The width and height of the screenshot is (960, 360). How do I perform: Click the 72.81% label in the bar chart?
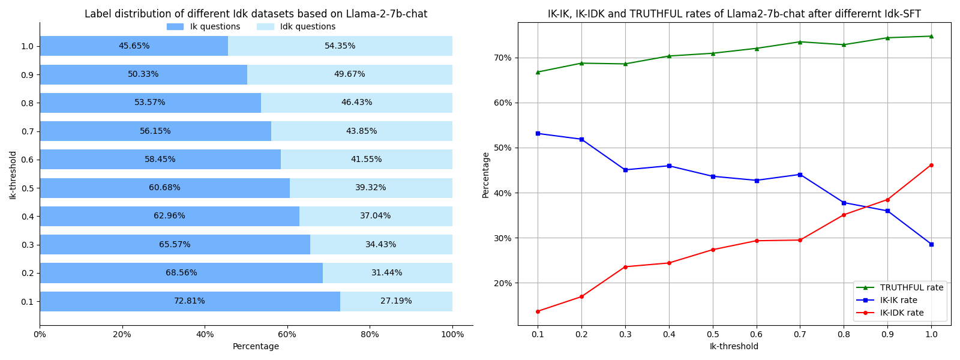click(x=189, y=301)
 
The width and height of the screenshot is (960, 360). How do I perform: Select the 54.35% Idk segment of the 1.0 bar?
click(x=340, y=46)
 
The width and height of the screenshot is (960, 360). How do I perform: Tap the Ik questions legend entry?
click(x=204, y=27)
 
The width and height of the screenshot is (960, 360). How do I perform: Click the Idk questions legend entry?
click(x=296, y=27)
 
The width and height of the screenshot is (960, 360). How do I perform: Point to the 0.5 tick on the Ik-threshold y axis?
click(x=26, y=188)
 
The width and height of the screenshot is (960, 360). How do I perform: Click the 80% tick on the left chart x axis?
click(x=370, y=335)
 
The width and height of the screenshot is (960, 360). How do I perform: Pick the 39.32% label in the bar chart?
click(x=370, y=188)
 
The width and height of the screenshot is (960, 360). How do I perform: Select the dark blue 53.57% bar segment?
click(x=150, y=103)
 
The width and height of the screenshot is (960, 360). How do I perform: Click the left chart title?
click(x=256, y=14)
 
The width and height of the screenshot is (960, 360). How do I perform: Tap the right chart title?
click(x=734, y=14)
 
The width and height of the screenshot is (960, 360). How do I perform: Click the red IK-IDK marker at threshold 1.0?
click(x=931, y=165)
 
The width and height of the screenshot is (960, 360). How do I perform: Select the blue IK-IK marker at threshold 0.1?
click(x=538, y=133)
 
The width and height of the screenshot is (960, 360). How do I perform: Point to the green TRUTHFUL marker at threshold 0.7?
click(x=800, y=42)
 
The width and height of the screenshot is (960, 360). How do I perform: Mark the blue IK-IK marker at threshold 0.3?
click(x=625, y=170)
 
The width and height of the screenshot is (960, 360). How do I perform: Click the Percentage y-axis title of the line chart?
click(x=486, y=175)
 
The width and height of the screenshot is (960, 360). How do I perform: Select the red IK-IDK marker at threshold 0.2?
click(x=581, y=296)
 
